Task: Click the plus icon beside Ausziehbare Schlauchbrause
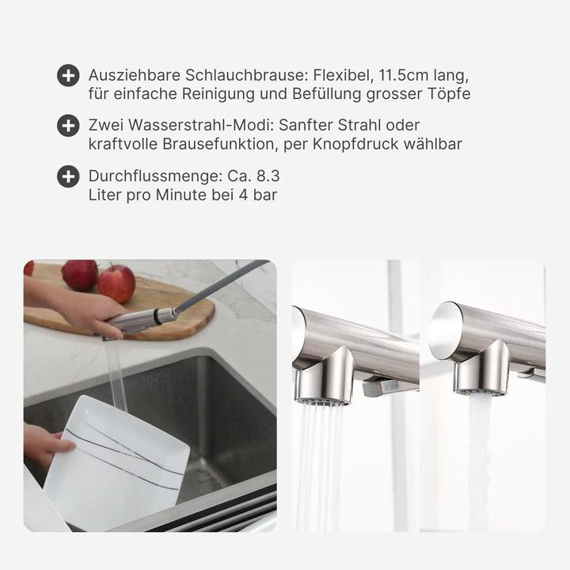click(68, 76)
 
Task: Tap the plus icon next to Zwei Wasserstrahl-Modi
click(68, 126)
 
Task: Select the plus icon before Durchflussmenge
click(68, 177)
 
